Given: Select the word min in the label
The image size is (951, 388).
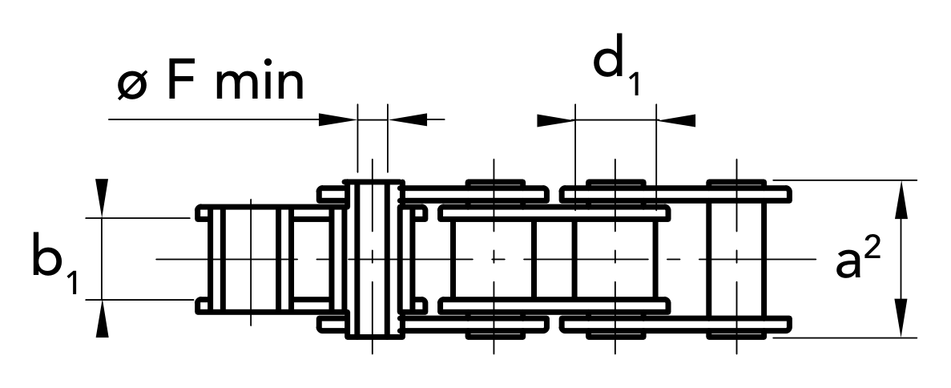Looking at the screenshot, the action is pyautogui.click(x=259, y=84).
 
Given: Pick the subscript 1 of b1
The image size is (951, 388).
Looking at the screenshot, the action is pyautogui.click(x=72, y=281).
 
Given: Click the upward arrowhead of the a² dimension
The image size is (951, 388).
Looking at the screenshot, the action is pyautogui.click(x=901, y=200).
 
